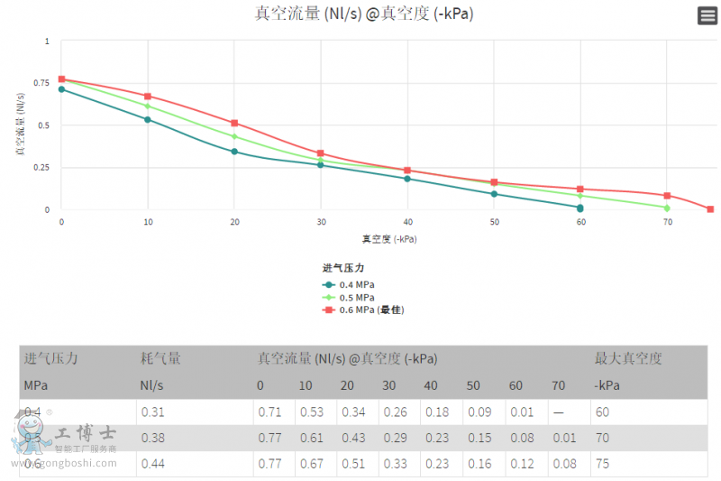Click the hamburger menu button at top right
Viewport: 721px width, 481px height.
[707, 15]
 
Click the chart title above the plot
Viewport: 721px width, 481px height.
[364, 14]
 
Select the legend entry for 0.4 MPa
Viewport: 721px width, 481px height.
[351, 284]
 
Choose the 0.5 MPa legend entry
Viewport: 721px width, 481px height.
[351, 297]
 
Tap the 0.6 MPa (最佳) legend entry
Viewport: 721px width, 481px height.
[364, 310]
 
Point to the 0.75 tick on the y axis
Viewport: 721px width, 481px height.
[41, 83]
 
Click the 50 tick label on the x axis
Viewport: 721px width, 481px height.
[494, 221]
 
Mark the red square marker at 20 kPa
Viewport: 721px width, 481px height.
[234, 123]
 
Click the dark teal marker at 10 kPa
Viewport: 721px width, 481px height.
[148, 119]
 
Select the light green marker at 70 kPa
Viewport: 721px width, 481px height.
[667, 208]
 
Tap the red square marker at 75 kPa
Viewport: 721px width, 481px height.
[710, 209]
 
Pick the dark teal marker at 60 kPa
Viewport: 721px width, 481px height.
[580, 208]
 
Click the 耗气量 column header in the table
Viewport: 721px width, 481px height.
[160, 358]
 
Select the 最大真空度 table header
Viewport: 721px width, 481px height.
[628, 358]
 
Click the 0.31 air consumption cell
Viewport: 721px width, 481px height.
[152, 412]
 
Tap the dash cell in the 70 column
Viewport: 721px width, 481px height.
[558, 412]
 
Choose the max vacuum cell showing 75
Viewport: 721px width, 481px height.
[602, 463]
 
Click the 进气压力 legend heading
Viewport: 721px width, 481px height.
[343, 268]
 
